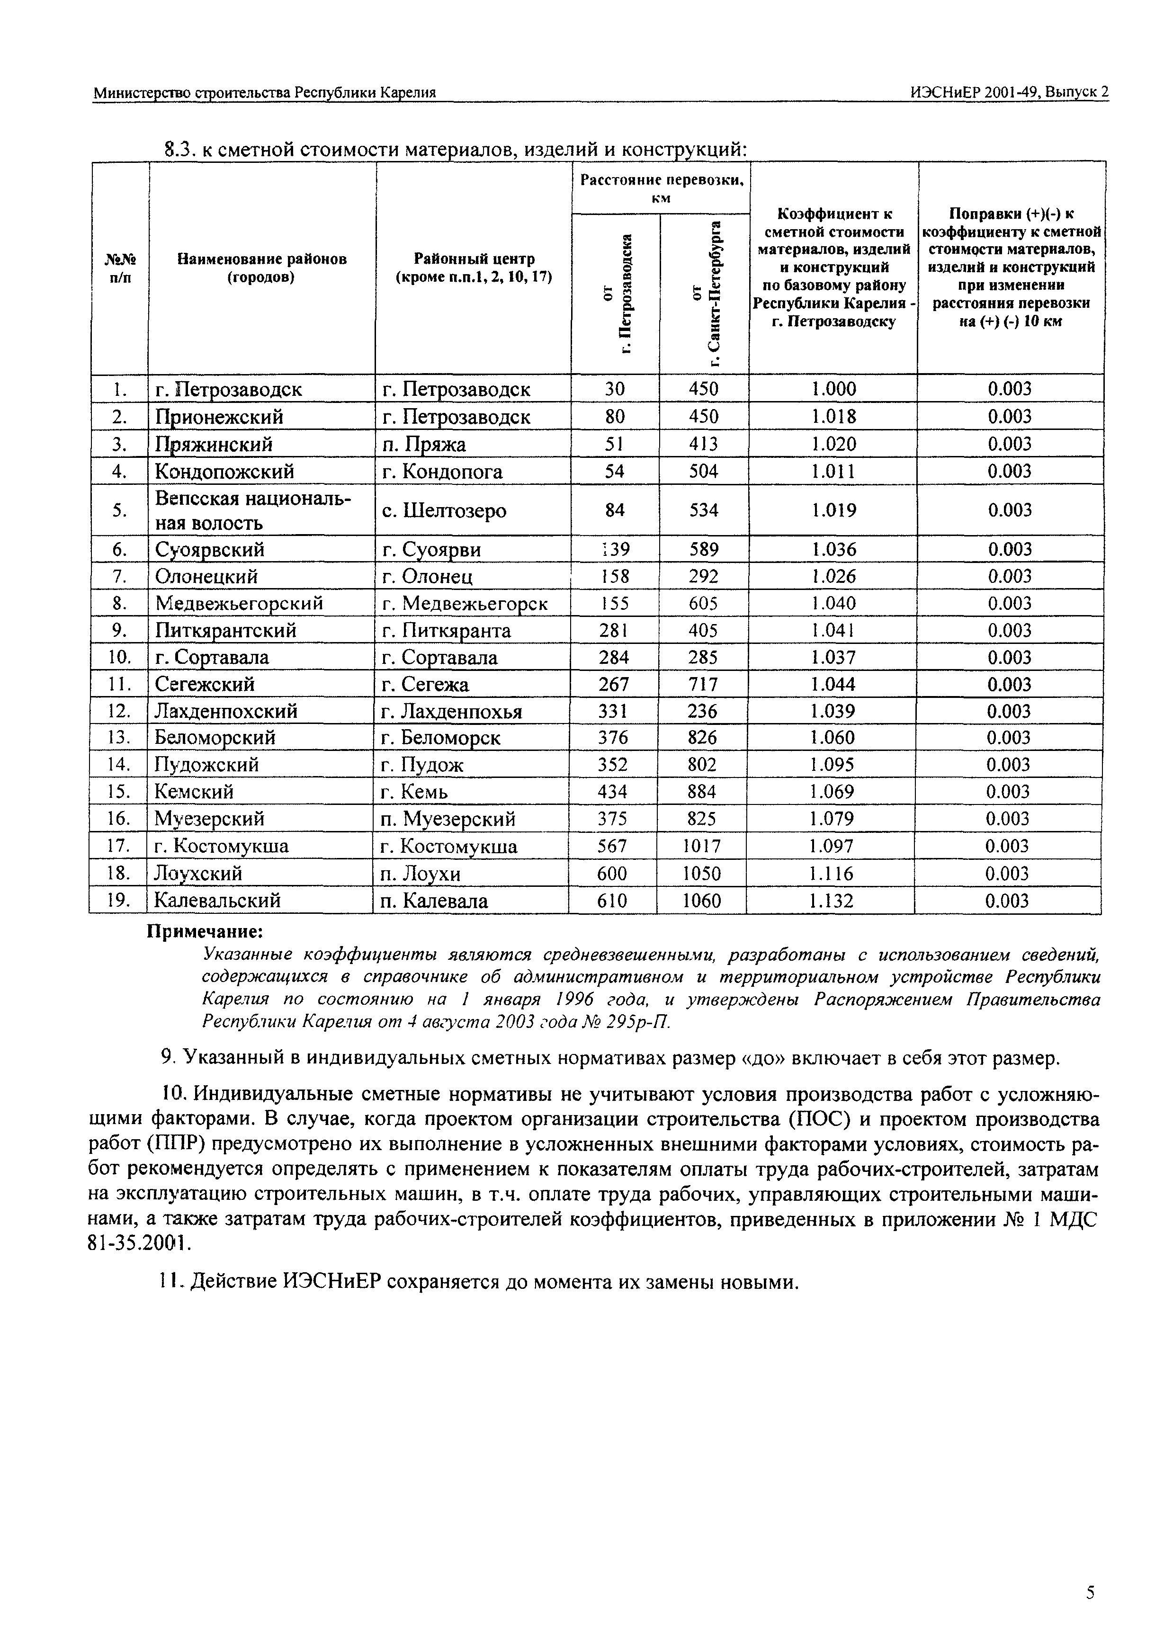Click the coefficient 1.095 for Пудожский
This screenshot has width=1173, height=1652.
tap(832, 765)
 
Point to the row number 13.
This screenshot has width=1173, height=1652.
tap(118, 737)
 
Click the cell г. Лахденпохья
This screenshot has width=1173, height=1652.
tap(451, 712)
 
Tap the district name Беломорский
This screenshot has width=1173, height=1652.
tap(215, 737)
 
